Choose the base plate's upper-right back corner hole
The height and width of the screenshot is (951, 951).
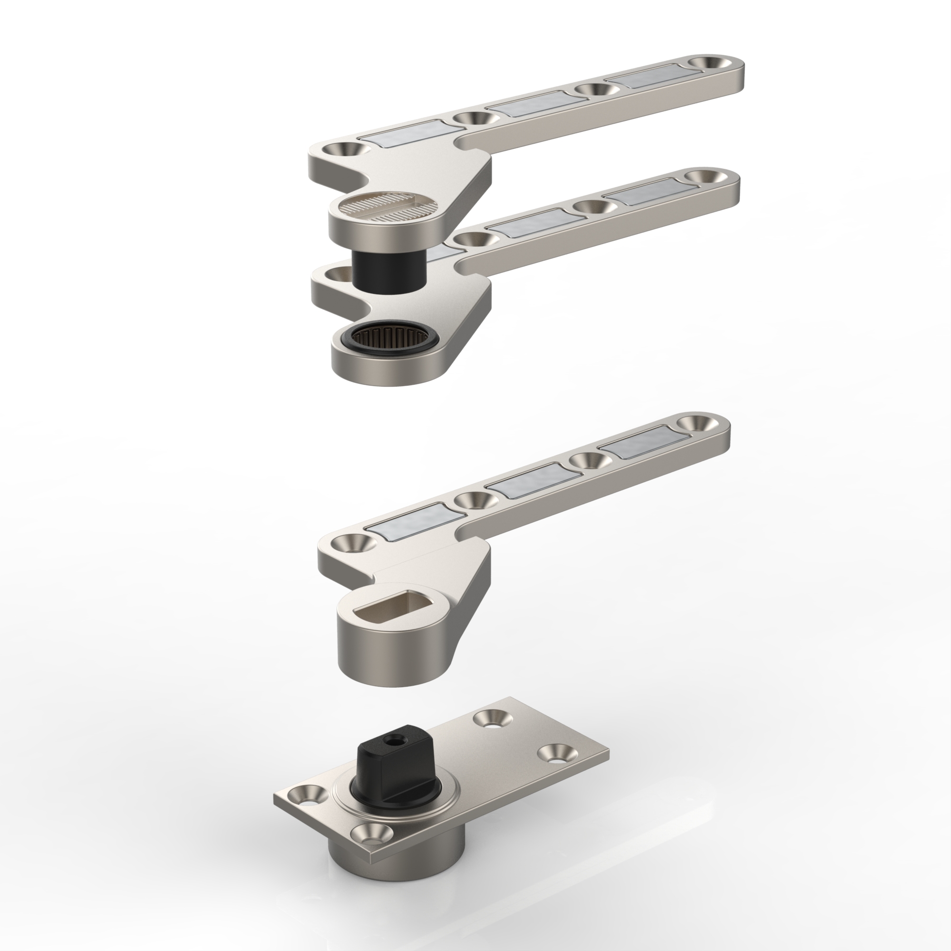tap(492, 718)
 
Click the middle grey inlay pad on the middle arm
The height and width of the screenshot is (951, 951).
tap(529, 223)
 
